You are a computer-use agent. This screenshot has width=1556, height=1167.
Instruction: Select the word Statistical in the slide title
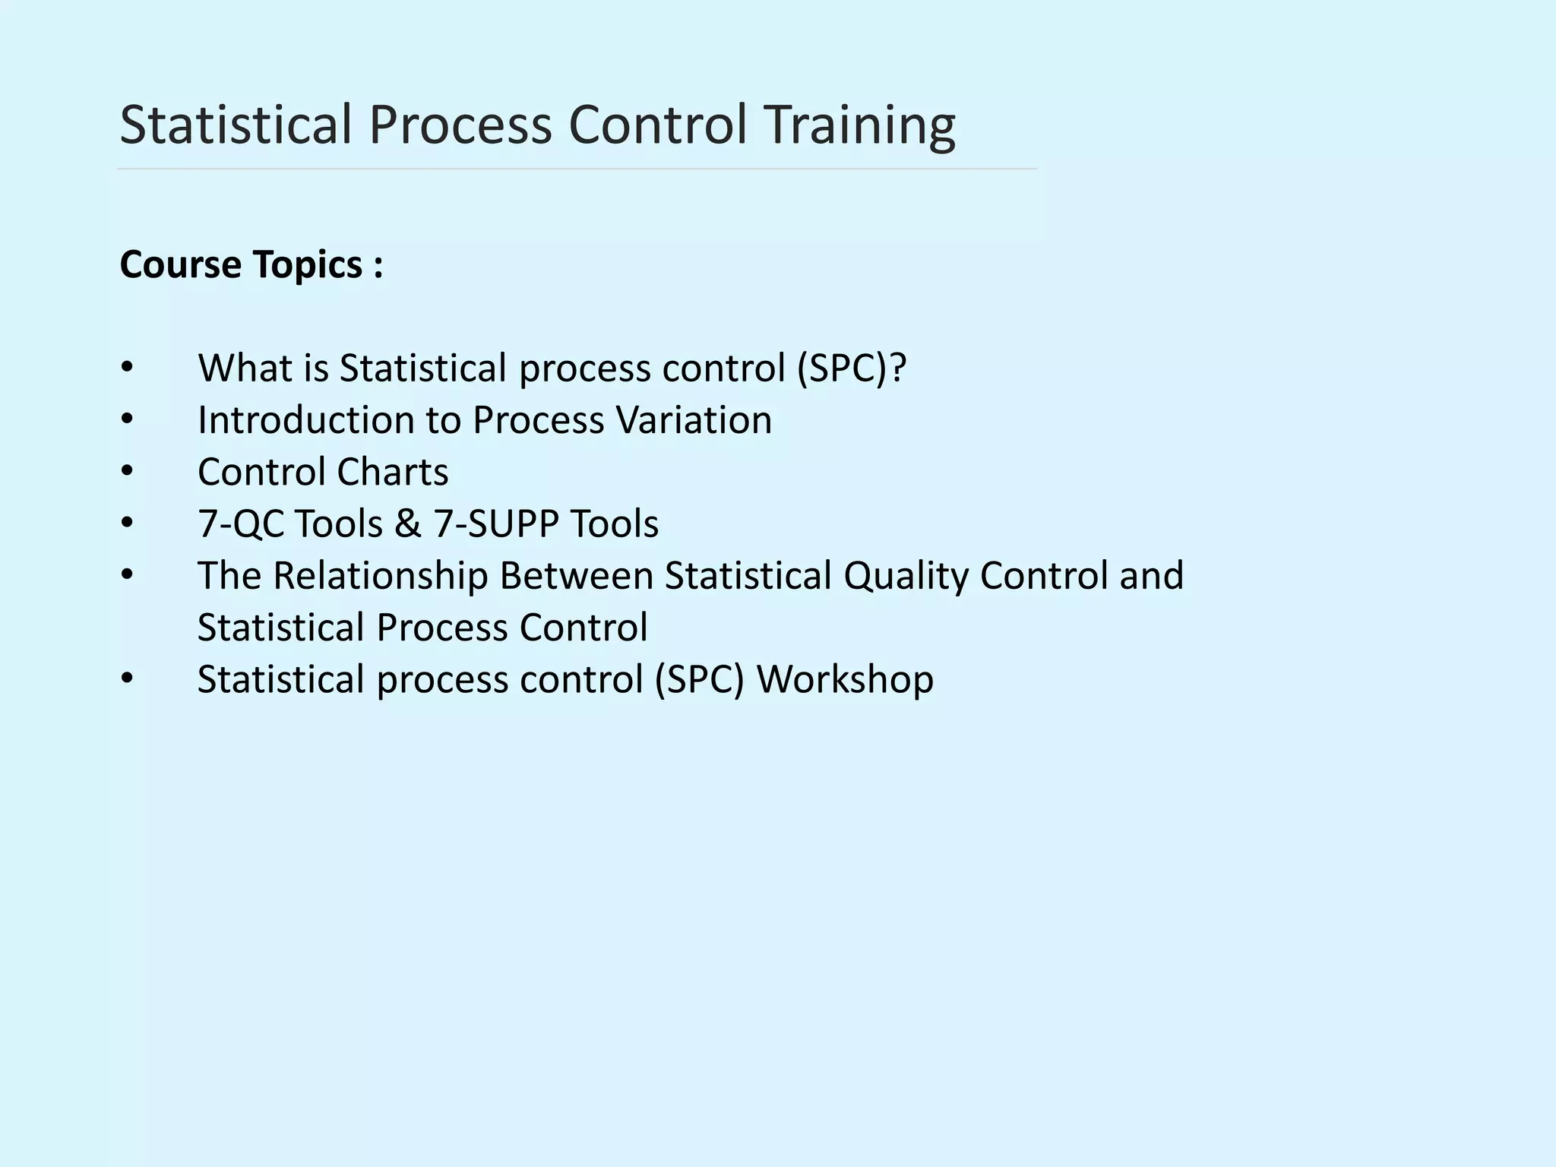coord(236,125)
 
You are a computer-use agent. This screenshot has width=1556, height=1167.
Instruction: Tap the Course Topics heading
coord(251,265)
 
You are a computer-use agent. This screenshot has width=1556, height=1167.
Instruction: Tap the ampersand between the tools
coord(407,524)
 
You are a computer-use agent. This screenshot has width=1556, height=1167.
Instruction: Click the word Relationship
coord(380,576)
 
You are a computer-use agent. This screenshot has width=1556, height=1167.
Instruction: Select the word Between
coord(576,576)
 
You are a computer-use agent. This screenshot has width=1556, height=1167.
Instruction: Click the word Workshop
coord(845,679)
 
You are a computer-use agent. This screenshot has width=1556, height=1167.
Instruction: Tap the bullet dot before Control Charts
coord(127,472)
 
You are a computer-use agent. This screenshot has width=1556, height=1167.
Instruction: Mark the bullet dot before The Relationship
coord(127,576)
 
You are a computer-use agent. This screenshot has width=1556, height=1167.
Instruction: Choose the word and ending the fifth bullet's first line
coord(1151,576)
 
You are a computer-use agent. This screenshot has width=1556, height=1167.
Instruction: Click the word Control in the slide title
coord(658,125)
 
